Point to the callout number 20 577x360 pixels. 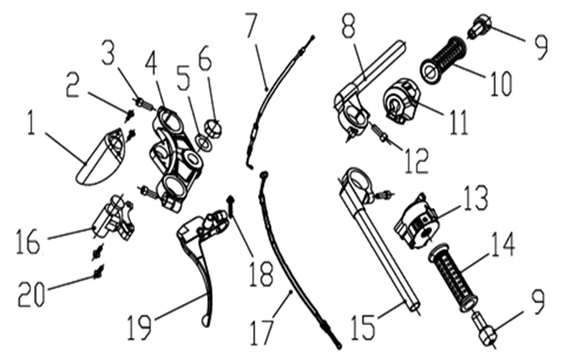click(31, 294)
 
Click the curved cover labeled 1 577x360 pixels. click(101, 157)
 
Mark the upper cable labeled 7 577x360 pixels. click(266, 92)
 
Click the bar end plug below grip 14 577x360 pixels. click(486, 333)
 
